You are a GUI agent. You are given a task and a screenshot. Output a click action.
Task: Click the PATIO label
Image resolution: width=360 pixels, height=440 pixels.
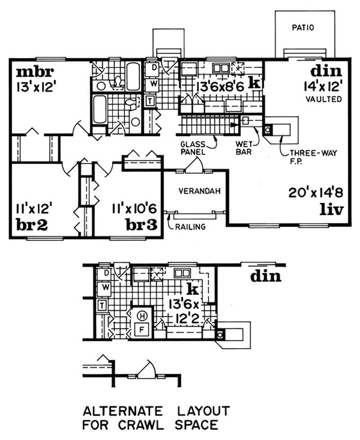pyautogui.click(x=305, y=27)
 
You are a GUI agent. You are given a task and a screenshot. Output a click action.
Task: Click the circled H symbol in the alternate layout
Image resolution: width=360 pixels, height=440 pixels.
pyautogui.click(x=142, y=315)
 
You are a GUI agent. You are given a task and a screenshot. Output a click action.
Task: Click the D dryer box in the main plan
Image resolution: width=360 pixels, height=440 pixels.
pyautogui.click(x=153, y=68)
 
